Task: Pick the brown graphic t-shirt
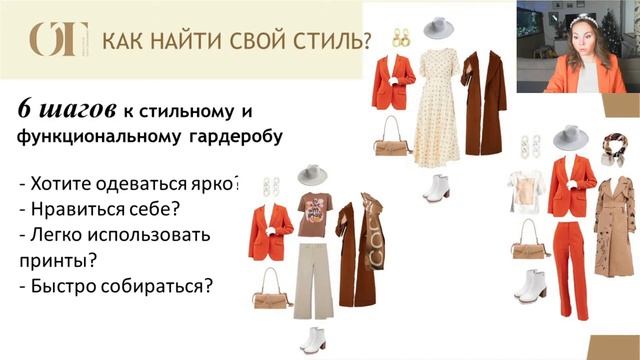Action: [313, 213]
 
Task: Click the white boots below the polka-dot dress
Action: [437, 187]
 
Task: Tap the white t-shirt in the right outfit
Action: [526, 195]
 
